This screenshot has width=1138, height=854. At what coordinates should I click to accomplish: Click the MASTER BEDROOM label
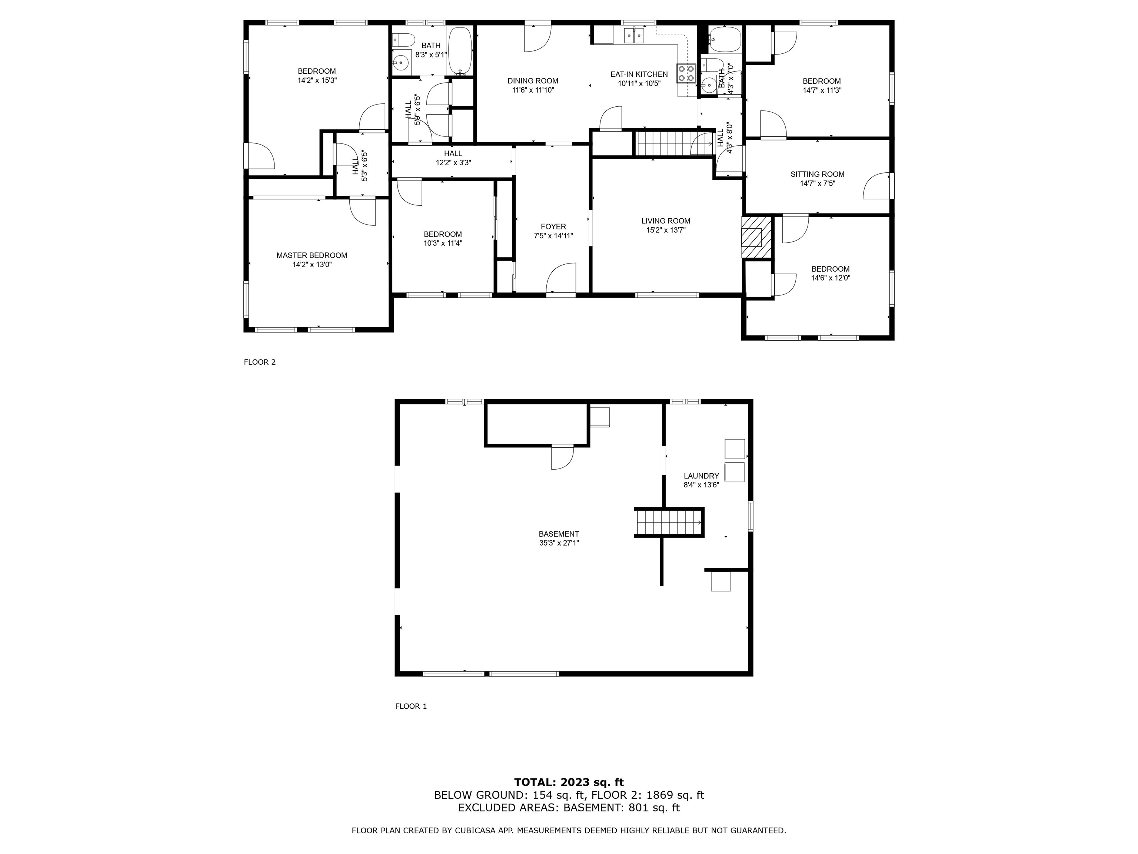pyautogui.click(x=312, y=255)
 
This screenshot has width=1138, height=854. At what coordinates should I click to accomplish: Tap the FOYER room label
pyautogui.click(x=553, y=226)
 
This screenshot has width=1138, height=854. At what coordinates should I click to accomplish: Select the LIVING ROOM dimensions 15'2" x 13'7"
pyautogui.click(x=666, y=230)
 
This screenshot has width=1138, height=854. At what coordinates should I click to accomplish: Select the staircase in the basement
pyautogui.click(x=669, y=522)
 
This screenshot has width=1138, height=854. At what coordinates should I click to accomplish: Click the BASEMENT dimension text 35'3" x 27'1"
pyautogui.click(x=559, y=543)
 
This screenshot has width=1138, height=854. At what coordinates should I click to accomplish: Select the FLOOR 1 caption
pyautogui.click(x=411, y=706)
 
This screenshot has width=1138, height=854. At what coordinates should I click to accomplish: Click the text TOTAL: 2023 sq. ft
pyautogui.click(x=569, y=782)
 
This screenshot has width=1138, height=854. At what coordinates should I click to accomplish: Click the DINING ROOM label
pyautogui.click(x=533, y=81)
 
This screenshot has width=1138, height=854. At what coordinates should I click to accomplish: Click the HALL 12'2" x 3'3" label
pyautogui.click(x=453, y=158)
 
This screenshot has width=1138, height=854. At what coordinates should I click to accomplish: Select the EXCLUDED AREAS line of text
pyautogui.click(x=569, y=808)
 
